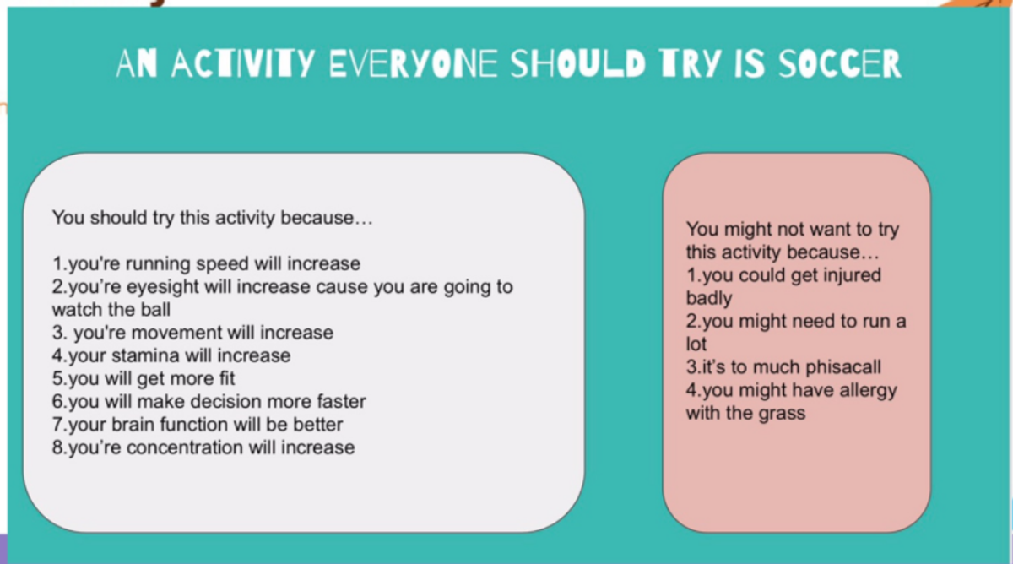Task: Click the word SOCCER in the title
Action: point(840,64)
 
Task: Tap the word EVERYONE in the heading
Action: point(413,64)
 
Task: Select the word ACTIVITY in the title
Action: point(243,64)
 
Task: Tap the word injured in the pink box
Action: point(852,276)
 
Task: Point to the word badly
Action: point(709,299)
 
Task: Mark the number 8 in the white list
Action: point(57,447)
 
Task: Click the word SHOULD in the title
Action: point(577,64)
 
